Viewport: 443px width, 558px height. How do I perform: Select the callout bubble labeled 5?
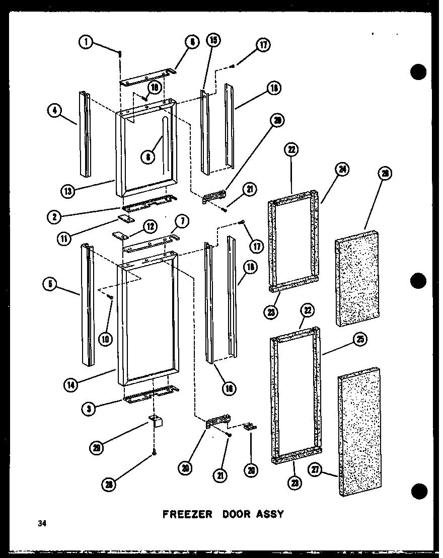pos(50,284)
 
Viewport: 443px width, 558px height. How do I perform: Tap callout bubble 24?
pos(342,170)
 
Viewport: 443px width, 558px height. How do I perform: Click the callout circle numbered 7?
pos(182,221)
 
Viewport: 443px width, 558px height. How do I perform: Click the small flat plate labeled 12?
pos(120,236)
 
